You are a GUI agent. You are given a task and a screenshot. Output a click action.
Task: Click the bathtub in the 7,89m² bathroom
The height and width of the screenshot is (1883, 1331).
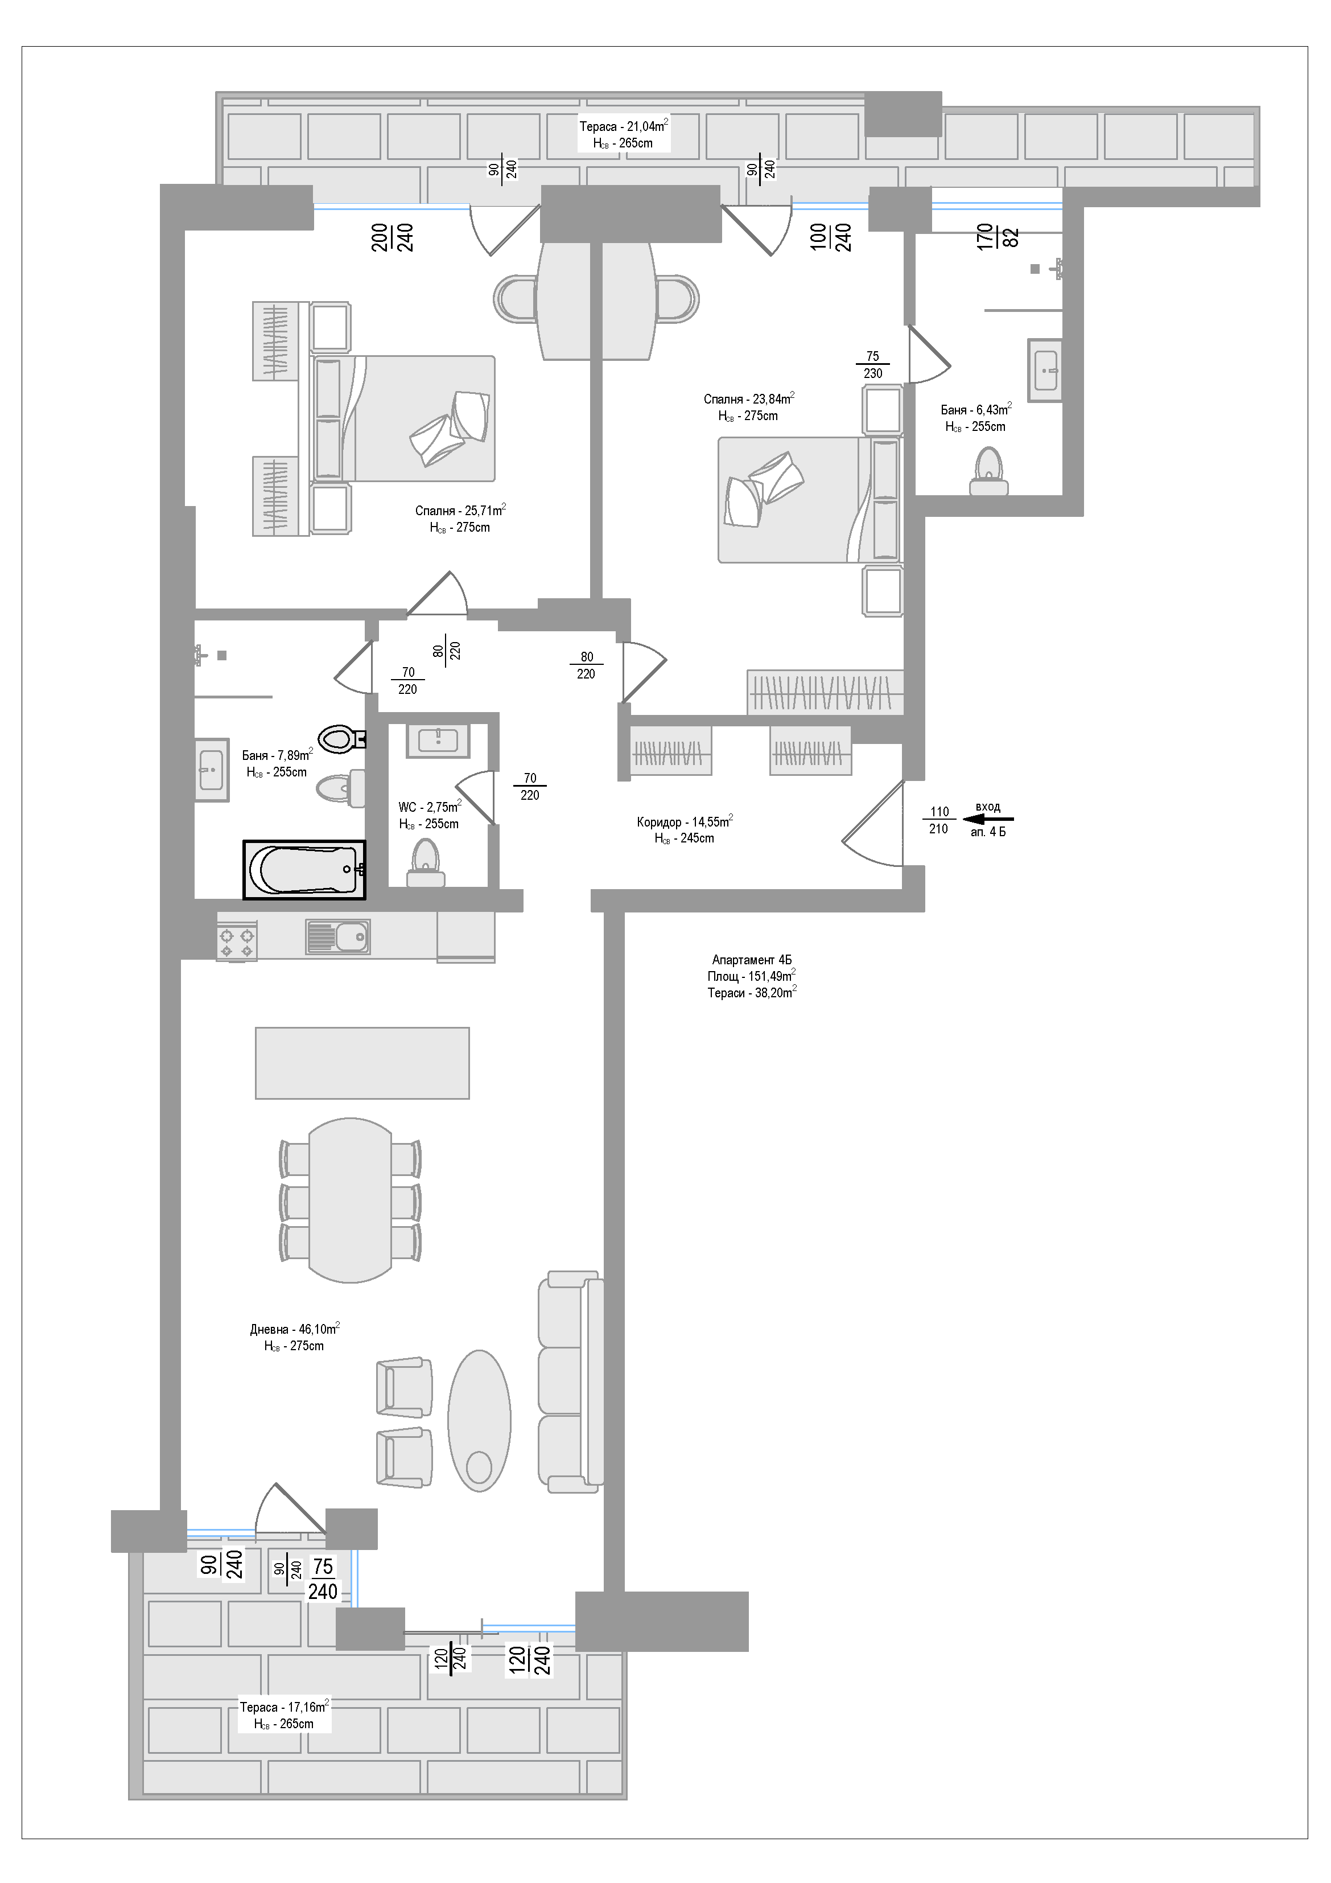[304, 869]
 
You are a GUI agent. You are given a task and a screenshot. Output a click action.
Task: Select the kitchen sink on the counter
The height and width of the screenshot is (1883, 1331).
[338, 936]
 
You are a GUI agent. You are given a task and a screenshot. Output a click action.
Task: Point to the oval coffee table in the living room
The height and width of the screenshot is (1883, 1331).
[479, 1420]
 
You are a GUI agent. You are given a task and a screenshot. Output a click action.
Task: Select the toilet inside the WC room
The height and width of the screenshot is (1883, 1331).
[426, 864]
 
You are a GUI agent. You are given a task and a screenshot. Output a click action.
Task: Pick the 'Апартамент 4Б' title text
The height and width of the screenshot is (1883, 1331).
[752, 960]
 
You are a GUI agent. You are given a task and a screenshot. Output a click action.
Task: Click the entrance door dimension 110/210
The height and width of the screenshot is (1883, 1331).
[939, 820]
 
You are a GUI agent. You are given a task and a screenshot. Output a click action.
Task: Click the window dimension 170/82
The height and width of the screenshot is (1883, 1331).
[998, 237]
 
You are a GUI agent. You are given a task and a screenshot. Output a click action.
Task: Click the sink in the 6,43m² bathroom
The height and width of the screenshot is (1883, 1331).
[1045, 370]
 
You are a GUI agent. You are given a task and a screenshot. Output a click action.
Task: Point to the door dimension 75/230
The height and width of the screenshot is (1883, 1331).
[872, 365]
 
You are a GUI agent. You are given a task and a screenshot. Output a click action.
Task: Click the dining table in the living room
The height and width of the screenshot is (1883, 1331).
[350, 1200]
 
